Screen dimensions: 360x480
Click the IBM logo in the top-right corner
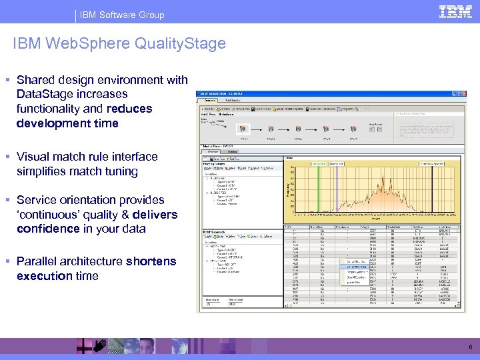tap(455, 11)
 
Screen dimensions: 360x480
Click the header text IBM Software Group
tap(123, 15)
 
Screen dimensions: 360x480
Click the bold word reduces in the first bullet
tap(129, 109)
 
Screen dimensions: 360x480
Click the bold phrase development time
tap(67, 123)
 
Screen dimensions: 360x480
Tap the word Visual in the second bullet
tap(34, 157)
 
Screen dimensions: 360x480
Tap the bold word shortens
tap(151, 261)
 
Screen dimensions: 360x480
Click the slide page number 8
tap(470, 347)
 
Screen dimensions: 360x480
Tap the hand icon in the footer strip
tap(99, 345)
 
